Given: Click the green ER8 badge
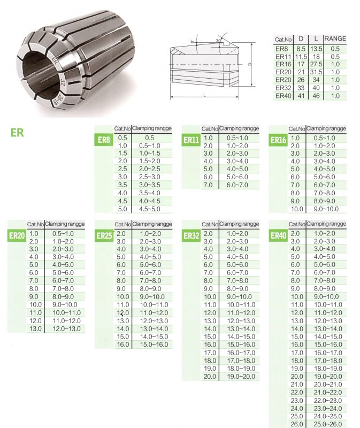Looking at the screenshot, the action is (x=104, y=140).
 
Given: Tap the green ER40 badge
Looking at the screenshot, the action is (x=278, y=235).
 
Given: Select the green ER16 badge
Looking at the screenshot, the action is (x=278, y=140).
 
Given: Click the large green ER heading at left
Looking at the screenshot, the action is (x=17, y=133).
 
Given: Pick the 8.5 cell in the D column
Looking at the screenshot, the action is (x=301, y=49).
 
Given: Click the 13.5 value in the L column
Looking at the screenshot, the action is (x=316, y=49).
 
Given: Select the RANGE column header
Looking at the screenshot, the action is (x=335, y=39).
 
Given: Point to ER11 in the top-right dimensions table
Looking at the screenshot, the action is (x=284, y=57).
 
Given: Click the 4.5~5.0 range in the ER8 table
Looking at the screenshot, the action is (x=150, y=209).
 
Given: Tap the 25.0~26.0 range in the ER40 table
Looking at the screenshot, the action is (x=328, y=424).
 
